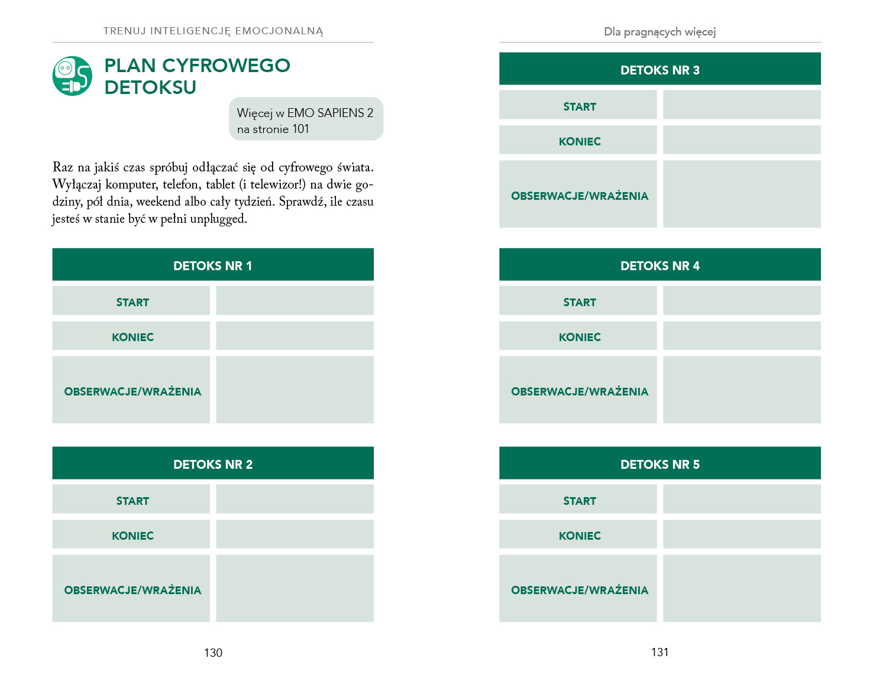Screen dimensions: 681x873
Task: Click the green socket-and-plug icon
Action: click(72, 76)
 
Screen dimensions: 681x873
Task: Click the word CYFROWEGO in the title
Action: click(226, 65)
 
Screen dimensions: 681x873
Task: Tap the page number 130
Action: click(213, 653)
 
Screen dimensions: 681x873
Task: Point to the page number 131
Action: click(659, 652)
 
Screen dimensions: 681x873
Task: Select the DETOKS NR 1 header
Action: click(213, 265)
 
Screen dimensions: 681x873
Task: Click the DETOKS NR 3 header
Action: click(659, 70)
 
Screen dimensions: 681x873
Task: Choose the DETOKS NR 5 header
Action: click(659, 464)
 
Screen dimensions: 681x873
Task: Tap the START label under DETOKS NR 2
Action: click(132, 501)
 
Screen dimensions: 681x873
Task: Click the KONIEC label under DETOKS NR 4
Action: click(580, 337)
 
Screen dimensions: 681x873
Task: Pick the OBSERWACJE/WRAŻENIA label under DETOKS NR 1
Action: click(132, 391)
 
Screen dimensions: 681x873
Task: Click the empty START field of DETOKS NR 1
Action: click(295, 301)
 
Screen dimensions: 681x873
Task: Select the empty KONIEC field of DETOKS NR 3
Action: click(742, 140)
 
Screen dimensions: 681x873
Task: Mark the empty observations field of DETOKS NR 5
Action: click(742, 588)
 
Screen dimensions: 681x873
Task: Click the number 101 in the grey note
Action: click(300, 129)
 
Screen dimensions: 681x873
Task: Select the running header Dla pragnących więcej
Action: click(659, 32)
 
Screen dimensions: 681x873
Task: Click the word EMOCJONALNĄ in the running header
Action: click(279, 31)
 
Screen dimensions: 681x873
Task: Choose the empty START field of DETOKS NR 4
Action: click(742, 301)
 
